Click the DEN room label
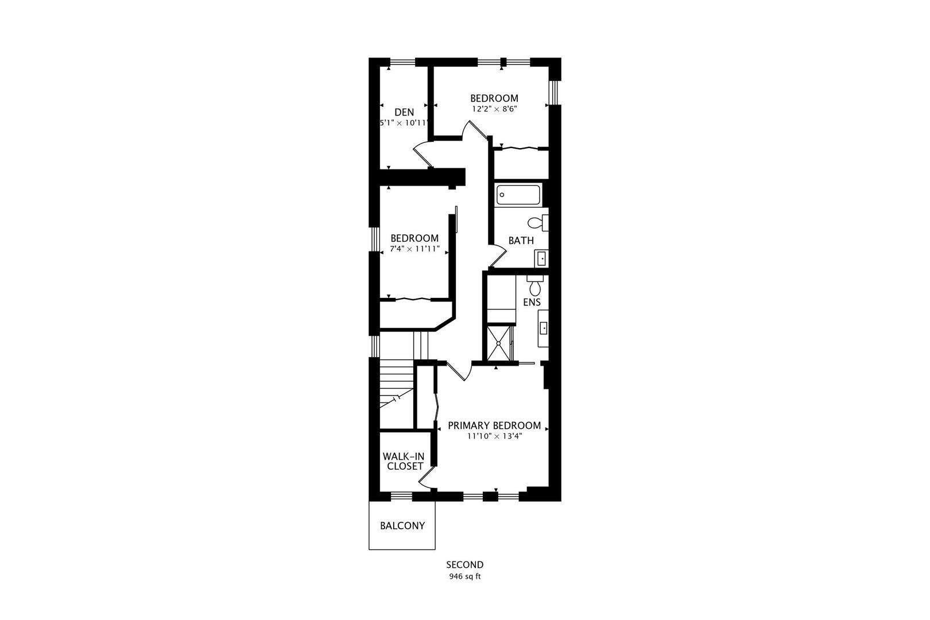(x=404, y=112)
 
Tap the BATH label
(x=521, y=241)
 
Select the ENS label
(x=532, y=303)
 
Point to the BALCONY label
(x=402, y=526)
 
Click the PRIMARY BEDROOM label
(x=494, y=425)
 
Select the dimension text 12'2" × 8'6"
(x=494, y=109)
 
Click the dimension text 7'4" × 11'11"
(x=414, y=249)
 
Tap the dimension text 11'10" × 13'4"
(x=494, y=436)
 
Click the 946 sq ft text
(x=464, y=576)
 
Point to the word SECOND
(x=464, y=565)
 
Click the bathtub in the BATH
(x=518, y=195)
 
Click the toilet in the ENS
(x=535, y=285)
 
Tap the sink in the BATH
(x=541, y=258)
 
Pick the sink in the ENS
(x=543, y=328)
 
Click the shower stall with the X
(x=499, y=343)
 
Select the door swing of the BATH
(x=498, y=256)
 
